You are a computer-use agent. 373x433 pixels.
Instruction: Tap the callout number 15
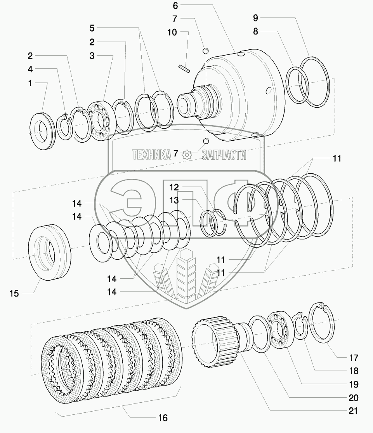point(14,293)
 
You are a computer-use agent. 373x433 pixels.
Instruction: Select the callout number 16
point(163,418)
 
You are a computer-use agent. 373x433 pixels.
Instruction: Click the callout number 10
point(172,32)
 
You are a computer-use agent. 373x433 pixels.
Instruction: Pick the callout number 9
point(255,18)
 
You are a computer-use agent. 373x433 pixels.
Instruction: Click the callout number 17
point(353,358)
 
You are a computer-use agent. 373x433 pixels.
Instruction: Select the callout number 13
point(174,200)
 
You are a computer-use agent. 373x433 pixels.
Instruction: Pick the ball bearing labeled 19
point(279,329)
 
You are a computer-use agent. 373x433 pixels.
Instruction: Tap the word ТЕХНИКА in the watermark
point(152,155)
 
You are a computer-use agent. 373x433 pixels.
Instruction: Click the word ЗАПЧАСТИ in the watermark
point(224,155)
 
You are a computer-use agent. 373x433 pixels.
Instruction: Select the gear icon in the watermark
point(187,155)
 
